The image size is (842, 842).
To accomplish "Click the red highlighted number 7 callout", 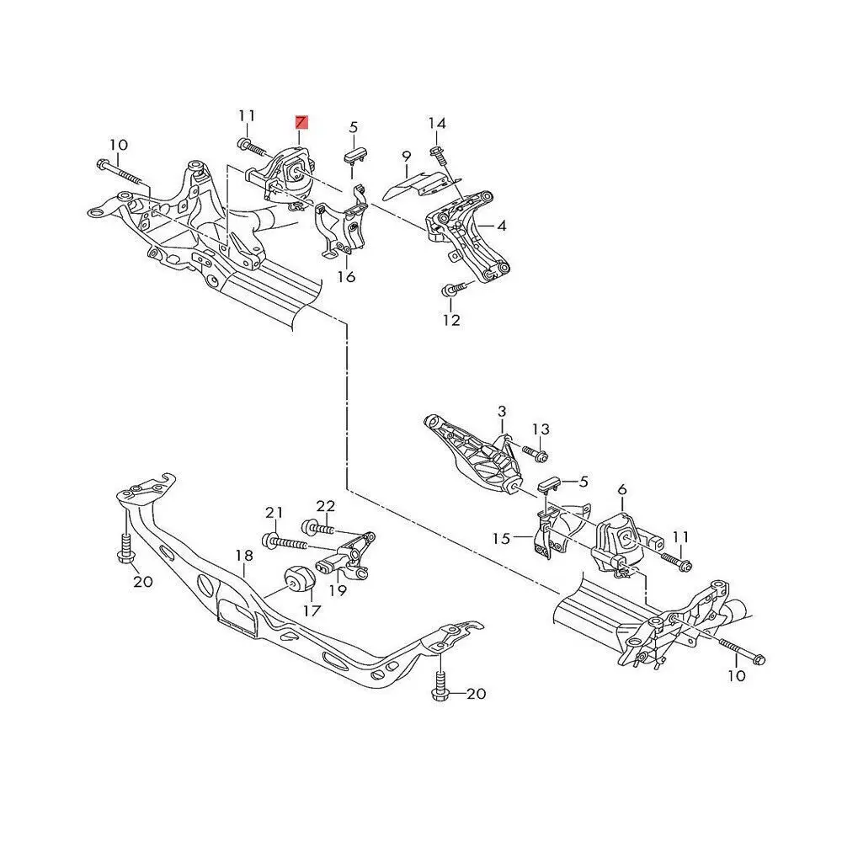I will click(301, 122).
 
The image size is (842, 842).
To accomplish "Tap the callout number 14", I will click(436, 124).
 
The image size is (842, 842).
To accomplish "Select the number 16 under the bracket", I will click(347, 277).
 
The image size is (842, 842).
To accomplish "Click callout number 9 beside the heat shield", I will click(406, 156).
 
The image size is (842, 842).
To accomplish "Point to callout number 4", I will click(501, 226).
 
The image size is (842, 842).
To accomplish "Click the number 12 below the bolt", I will click(451, 320).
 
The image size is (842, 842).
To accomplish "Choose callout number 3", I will click(502, 412).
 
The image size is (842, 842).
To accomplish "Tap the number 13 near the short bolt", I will click(540, 429).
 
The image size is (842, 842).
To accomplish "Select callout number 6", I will click(622, 490).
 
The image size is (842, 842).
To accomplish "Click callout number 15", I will click(502, 537).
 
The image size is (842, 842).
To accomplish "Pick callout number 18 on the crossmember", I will click(244, 556).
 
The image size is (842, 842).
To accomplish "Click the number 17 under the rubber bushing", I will click(312, 610).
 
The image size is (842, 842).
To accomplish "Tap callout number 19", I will click(338, 591).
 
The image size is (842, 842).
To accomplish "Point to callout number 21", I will click(274, 513).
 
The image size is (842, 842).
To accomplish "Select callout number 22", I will click(326, 506).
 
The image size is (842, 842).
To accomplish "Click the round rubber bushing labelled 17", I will click(299, 580).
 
